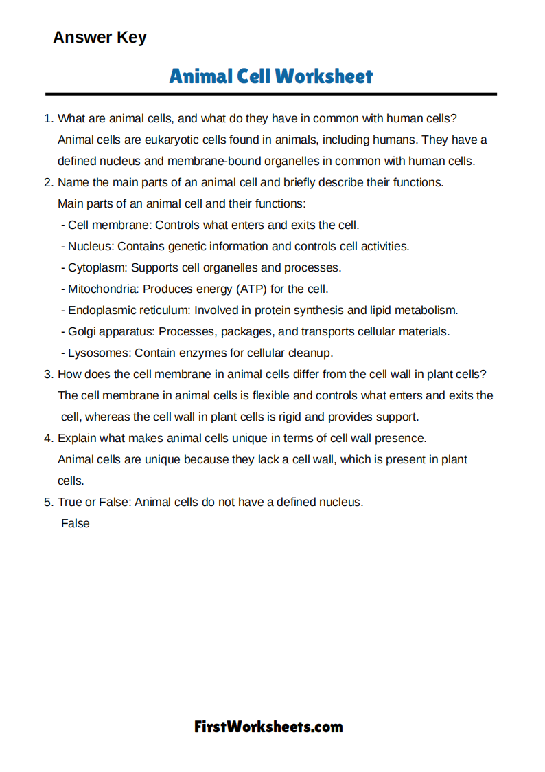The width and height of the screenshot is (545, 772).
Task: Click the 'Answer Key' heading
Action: point(100,37)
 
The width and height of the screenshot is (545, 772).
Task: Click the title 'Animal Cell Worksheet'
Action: point(271,76)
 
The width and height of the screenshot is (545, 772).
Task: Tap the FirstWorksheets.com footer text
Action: point(268,727)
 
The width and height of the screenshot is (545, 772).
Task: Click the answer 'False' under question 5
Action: point(75,523)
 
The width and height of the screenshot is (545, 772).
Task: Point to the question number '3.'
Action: point(49,375)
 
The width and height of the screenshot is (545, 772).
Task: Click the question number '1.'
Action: point(49,119)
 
